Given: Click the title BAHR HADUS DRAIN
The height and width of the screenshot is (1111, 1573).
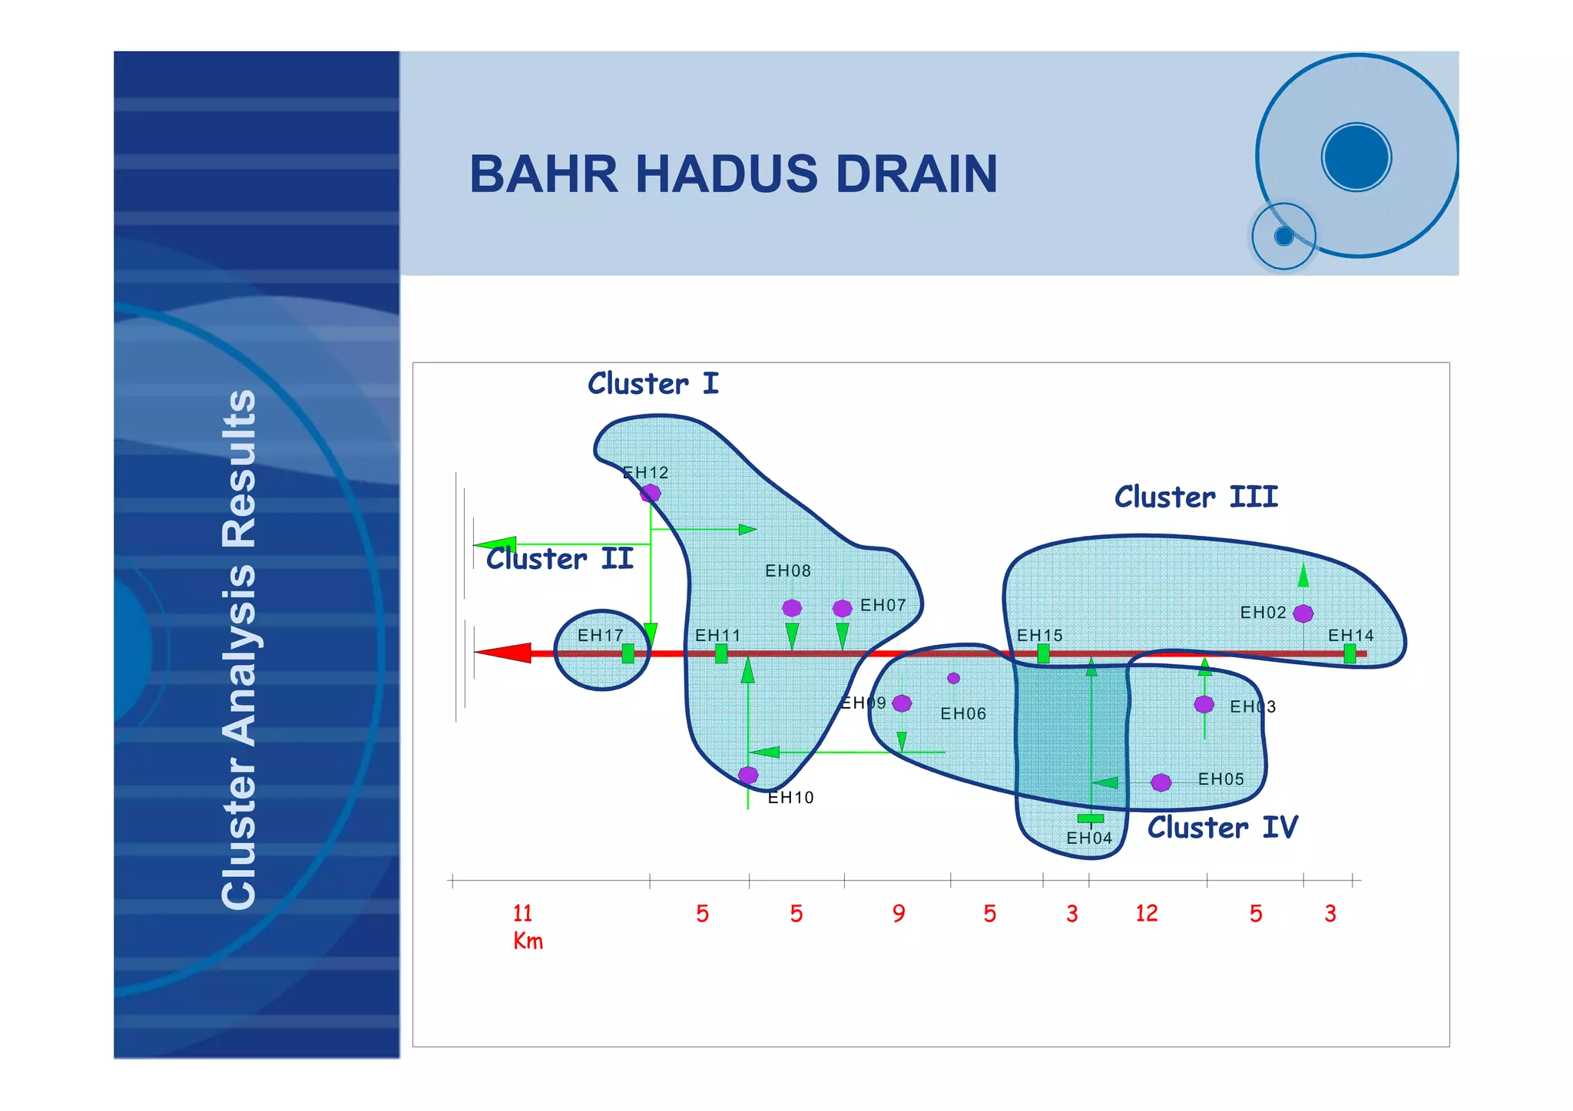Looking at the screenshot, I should coord(733,174).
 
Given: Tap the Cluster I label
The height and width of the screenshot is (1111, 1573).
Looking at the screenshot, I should coord(653,384).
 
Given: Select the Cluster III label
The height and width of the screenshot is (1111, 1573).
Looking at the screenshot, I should coord(1196,497).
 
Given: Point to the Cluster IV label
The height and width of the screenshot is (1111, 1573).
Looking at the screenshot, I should coord(1222,828).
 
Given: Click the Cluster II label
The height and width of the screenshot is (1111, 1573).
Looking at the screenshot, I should coord(560,559).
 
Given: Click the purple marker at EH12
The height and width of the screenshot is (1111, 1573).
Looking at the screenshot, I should coord(651,493).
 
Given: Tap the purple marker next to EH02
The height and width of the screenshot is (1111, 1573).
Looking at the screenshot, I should coord(1303,613).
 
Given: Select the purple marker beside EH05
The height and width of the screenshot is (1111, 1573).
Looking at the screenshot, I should coord(1161,782).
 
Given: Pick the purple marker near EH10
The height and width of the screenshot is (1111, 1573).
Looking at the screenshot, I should coord(748,775).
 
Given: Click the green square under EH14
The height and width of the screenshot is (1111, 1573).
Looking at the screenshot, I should coord(1349,653).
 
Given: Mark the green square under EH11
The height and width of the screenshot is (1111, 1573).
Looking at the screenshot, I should coord(720,653).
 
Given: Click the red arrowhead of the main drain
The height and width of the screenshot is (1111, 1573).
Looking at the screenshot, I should coord(503,653).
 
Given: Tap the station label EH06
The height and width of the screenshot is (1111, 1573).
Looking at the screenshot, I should coord(963,714).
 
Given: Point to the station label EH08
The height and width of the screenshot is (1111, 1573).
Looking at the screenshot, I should coord(788,571).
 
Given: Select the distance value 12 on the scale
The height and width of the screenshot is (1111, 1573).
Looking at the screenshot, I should coord(1146,914).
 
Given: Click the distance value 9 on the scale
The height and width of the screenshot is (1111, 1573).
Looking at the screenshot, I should coord(899,914).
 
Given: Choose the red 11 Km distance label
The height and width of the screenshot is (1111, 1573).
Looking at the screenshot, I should coord(526,926).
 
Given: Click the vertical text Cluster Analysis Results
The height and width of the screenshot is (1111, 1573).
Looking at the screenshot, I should coord(239,649).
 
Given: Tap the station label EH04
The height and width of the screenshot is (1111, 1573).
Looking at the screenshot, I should coord(1089,838).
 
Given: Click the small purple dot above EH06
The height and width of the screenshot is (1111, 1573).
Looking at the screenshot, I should coord(953,678).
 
